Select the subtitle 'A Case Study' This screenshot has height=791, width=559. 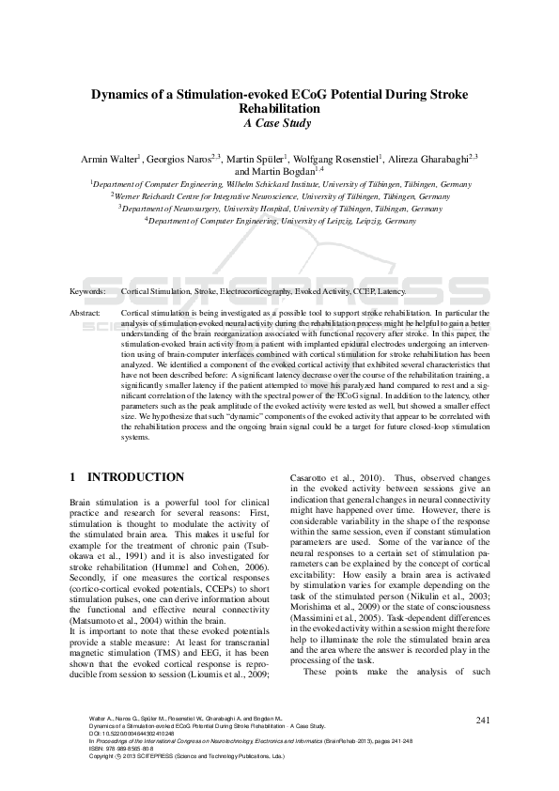pos(279,123)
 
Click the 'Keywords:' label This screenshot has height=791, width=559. pos(88,293)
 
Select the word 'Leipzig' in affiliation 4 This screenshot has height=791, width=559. pos(369,222)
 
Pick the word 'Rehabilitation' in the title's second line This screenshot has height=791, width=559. pos(279,109)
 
